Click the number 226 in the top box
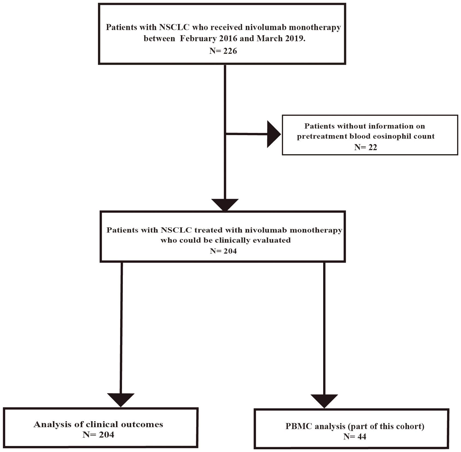[x=230, y=51]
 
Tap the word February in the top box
[x=199, y=38]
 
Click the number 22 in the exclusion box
[x=373, y=147]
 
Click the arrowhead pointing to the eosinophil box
[x=273, y=134]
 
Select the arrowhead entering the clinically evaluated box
[x=225, y=205]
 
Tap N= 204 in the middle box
[x=223, y=251]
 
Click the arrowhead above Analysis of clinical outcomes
[x=121, y=400]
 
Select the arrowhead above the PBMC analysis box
[x=324, y=401]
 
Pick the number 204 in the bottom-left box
[x=106, y=435]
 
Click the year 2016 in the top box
[x=228, y=38]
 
